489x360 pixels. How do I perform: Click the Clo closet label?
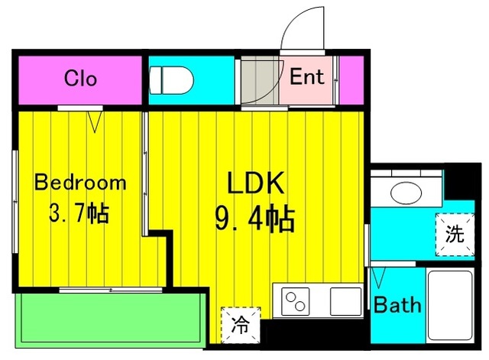coord(80,78)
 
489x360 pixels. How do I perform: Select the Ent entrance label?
coord(307,77)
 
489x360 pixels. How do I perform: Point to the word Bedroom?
coord(80,183)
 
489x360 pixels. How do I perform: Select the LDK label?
coord(255,183)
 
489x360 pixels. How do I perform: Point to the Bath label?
coord(397,306)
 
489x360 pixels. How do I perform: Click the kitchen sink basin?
coord(345,300)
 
